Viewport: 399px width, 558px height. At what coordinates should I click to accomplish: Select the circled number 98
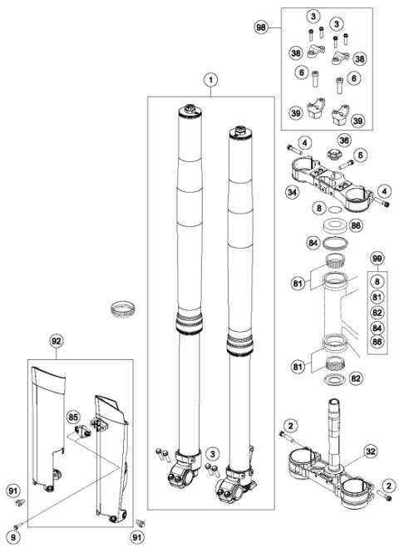264,27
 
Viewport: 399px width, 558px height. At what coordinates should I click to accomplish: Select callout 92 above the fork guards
57,339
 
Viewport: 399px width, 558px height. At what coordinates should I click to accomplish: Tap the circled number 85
72,414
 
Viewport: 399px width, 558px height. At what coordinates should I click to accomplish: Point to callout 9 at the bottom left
14,525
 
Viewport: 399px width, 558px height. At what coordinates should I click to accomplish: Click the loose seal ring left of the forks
122,310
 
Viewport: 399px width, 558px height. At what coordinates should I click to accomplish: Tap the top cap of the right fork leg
242,130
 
